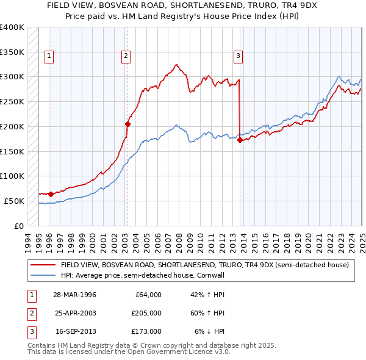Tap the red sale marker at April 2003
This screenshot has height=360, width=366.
coord(128,124)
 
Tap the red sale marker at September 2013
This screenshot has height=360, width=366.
coord(240,140)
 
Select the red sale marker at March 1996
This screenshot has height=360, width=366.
coord(51,194)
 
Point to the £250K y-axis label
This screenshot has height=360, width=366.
coord(12,101)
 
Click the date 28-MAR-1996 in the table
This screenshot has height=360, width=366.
coord(75,295)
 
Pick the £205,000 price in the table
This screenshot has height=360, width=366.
coord(146,313)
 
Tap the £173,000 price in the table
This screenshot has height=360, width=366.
coord(146,331)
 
